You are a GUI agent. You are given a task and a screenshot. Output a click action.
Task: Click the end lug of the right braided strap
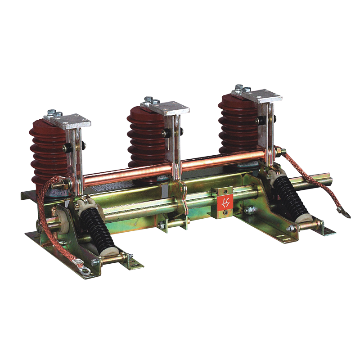343,212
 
